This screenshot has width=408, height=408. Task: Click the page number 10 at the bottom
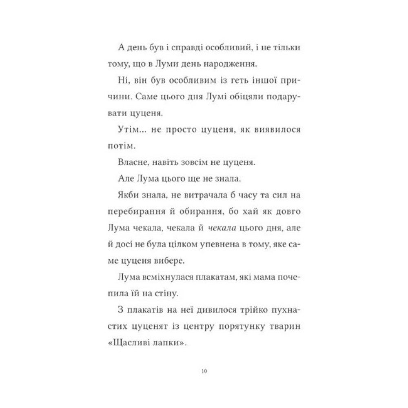204,371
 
